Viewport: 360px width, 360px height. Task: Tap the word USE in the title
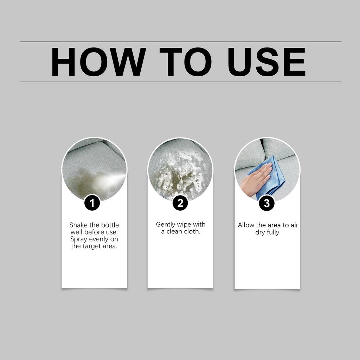click(266, 62)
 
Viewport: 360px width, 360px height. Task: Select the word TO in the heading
click(186, 62)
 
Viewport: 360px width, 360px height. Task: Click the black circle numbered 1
click(92, 203)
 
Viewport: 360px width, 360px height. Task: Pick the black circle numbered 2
click(180, 203)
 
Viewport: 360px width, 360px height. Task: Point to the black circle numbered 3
click(267, 203)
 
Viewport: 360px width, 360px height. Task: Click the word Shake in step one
click(78, 225)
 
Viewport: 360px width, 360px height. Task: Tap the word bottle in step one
click(110, 225)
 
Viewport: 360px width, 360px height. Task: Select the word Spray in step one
click(78, 239)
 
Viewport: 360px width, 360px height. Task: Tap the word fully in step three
click(274, 232)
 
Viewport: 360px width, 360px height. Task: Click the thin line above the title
click(181, 42)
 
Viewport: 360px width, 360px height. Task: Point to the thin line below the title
click(181, 82)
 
